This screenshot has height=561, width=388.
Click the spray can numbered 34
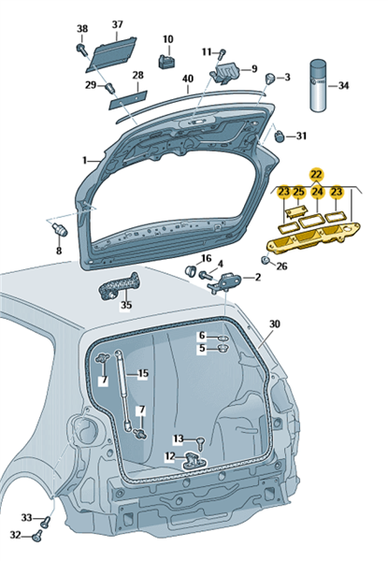click(x=318, y=85)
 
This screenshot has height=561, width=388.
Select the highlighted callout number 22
click(x=317, y=175)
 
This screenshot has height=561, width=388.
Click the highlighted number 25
click(x=299, y=192)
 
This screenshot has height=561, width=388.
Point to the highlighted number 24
click(x=317, y=192)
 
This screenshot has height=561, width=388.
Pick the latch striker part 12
click(x=194, y=460)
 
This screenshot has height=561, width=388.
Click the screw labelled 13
click(x=202, y=443)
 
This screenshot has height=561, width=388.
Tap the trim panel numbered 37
click(x=111, y=52)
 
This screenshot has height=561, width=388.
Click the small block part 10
click(x=166, y=61)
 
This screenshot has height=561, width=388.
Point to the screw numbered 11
click(x=222, y=54)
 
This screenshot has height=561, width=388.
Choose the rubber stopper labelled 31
click(x=280, y=137)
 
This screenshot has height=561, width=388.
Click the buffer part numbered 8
click(x=61, y=229)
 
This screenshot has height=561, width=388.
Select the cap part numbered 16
click(x=191, y=270)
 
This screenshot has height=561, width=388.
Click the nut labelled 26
click(x=266, y=260)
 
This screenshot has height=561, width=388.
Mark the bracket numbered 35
click(x=119, y=285)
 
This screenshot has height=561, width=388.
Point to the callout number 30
click(x=275, y=324)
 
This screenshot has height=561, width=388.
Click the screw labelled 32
click(x=36, y=536)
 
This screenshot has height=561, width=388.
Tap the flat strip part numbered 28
click(x=128, y=99)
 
